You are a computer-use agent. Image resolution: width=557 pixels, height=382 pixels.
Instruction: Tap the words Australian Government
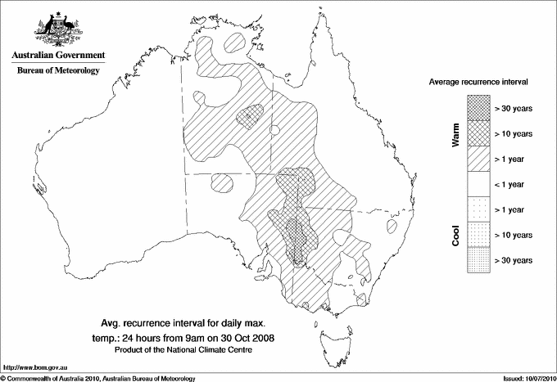coord(57,56)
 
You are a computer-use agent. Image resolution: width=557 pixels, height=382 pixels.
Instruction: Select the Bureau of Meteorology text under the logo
coord(58,71)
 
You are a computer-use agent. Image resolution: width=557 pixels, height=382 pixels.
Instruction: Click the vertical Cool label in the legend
coord(456,234)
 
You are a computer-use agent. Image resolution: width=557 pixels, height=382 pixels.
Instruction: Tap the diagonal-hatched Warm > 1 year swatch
coord(478,159)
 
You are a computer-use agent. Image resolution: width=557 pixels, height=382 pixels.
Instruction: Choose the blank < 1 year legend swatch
coord(478,184)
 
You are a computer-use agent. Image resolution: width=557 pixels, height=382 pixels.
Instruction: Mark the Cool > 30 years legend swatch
coord(478,259)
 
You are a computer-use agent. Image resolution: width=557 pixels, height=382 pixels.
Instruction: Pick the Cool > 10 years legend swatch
coord(478,235)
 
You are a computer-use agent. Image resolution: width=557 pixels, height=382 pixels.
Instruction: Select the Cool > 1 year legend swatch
coord(478,209)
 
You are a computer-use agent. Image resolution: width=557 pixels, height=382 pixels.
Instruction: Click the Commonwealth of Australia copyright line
coord(98,378)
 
